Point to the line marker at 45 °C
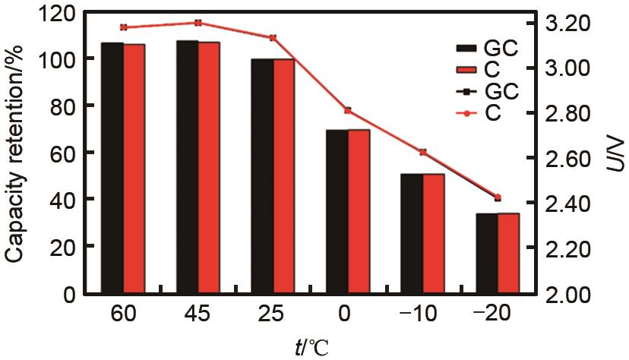pos(198,23)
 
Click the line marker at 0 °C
pos(348,111)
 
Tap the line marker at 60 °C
pos(123,27)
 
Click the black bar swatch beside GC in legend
pos(463,49)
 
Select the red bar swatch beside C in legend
pos(463,71)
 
